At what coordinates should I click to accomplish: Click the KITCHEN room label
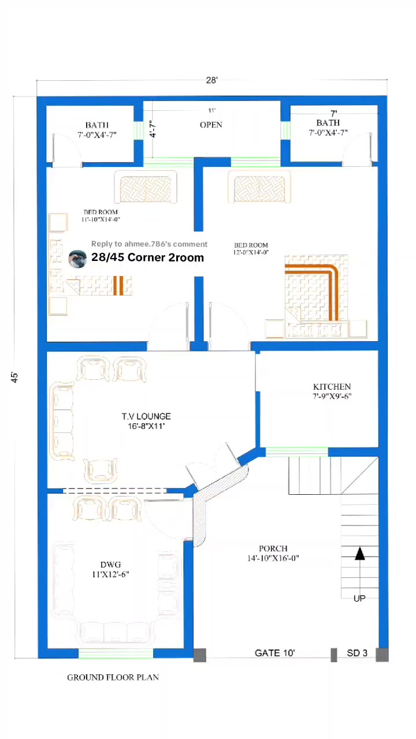pos(332,387)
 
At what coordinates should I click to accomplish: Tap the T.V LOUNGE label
pos(146,416)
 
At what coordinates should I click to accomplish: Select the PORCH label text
pos(273,548)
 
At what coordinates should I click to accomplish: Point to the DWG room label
pos(110,565)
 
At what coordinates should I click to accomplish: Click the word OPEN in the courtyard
pos(211,125)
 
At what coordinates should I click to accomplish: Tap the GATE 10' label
pos(274,653)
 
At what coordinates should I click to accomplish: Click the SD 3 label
pos(357,653)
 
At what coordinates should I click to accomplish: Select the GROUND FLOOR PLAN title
pos(113,677)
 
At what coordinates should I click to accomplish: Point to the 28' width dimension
pos(211,80)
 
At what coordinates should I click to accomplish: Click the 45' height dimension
pos(14,378)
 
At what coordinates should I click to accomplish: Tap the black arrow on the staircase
pos(360,554)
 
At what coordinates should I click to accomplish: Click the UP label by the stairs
pos(359,599)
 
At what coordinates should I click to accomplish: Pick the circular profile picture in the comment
pos(77,259)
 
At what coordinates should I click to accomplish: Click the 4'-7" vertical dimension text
pos(153,129)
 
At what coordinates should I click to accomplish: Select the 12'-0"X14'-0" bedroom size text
pos(251,252)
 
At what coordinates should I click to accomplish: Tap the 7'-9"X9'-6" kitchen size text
pos(332,396)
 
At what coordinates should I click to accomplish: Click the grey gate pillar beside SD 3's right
pos(382,655)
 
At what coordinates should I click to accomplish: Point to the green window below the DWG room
pos(116,654)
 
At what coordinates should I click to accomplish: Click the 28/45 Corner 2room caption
pos(147,257)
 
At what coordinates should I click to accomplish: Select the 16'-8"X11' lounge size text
pos(146,426)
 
